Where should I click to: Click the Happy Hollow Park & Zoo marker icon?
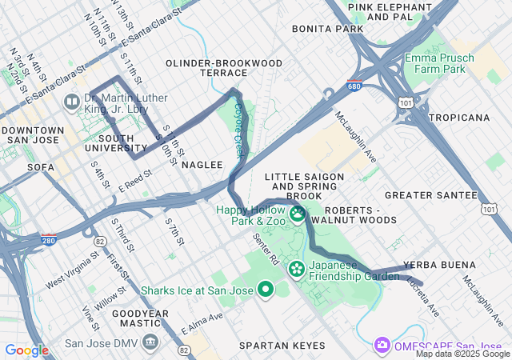tap(297, 214)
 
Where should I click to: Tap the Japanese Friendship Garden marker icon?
tap(297, 268)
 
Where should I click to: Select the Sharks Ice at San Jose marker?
tap(265, 290)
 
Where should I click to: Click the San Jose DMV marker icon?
tap(150, 343)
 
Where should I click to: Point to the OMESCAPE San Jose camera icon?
tap(382, 344)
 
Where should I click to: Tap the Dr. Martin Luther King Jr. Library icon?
tap(71, 102)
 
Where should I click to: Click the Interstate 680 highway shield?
tap(354, 86)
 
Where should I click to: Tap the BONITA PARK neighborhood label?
tap(316, 28)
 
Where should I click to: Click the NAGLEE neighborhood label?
tap(202, 164)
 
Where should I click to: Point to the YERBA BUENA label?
tap(439, 265)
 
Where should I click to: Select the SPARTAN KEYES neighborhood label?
tap(282, 346)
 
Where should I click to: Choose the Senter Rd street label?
tap(265, 250)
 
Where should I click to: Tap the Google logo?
tap(26, 350)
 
